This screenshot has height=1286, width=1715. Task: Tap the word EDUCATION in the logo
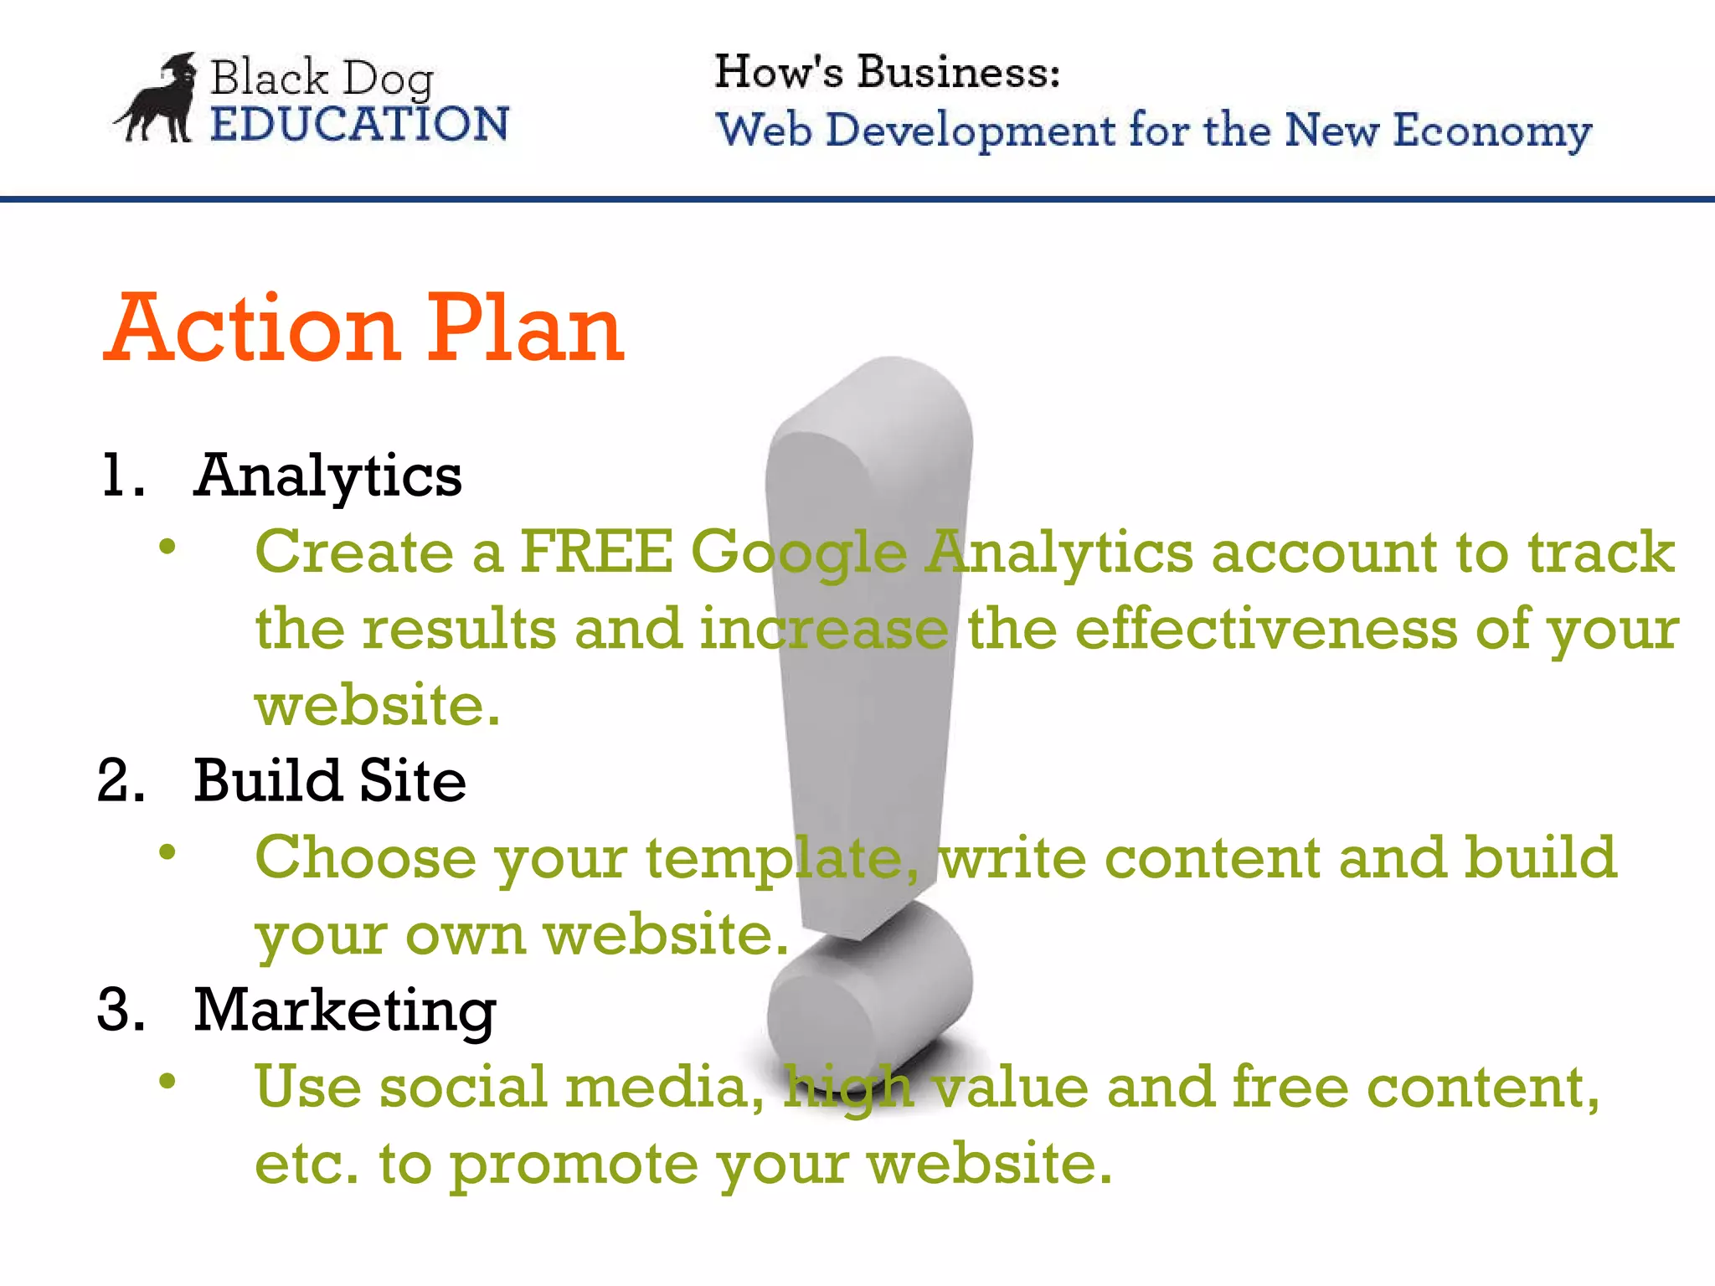point(359,125)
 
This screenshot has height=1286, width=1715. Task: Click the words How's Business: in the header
point(887,72)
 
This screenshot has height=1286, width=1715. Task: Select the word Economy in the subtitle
point(1491,132)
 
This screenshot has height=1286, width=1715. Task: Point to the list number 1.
point(121,476)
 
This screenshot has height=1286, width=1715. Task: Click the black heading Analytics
point(327,476)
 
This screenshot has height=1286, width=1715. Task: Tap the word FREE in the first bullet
point(596,553)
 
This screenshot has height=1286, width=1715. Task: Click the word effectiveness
point(1265,630)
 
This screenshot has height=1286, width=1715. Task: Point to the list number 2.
point(121,781)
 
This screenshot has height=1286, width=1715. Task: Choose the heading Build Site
point(330,781)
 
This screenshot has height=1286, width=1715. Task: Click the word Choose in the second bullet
point(365,858)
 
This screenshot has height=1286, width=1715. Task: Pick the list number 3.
point(121,1010)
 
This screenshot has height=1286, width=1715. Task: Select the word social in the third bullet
point(462,1087)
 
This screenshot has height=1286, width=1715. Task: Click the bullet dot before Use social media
point(167,1081)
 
